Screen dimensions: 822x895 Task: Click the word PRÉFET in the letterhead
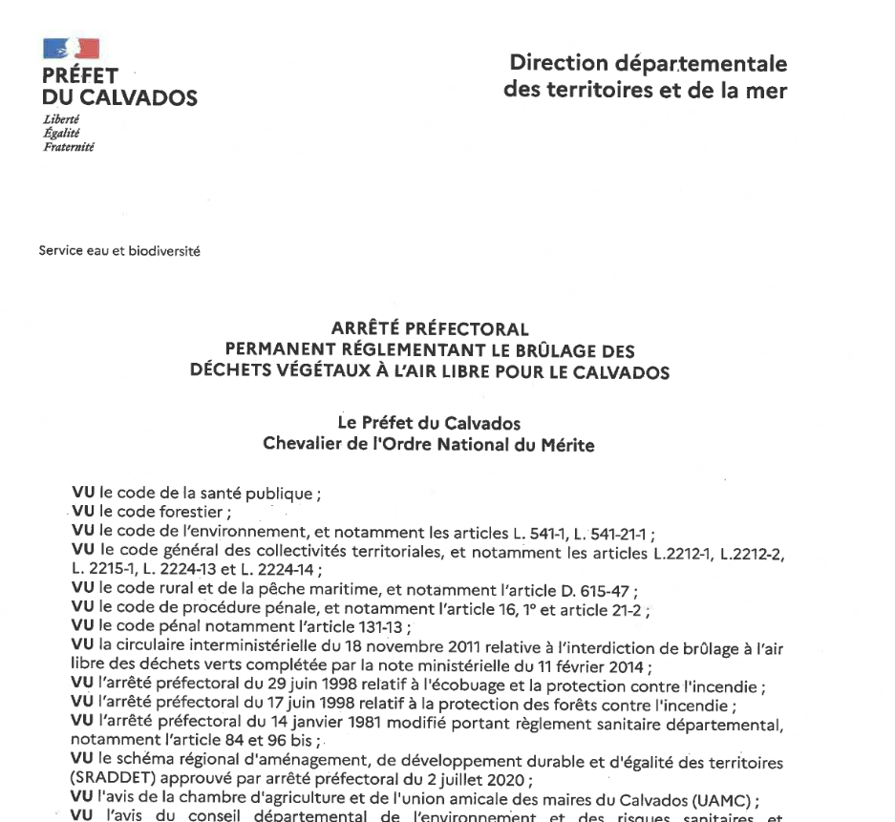80,76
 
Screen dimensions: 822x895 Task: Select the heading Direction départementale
649,64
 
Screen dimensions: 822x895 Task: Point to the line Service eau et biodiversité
119,252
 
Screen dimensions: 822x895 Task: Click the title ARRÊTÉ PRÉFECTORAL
430,331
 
